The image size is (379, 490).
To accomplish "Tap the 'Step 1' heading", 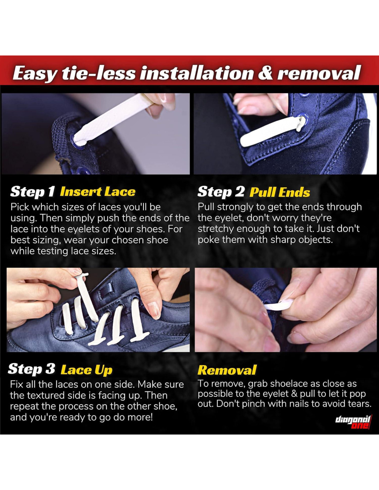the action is tap(32, 192).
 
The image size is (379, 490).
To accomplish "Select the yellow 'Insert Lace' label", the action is tap(98, 192).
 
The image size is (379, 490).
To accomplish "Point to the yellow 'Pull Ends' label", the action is tap(279, 192).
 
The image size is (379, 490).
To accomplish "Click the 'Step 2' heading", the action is tap(221, 192).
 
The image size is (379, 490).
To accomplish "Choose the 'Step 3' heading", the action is tap(32, 369).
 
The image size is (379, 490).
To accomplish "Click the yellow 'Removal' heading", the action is tap(227, 370).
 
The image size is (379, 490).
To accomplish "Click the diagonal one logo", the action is tap(354, 422).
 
